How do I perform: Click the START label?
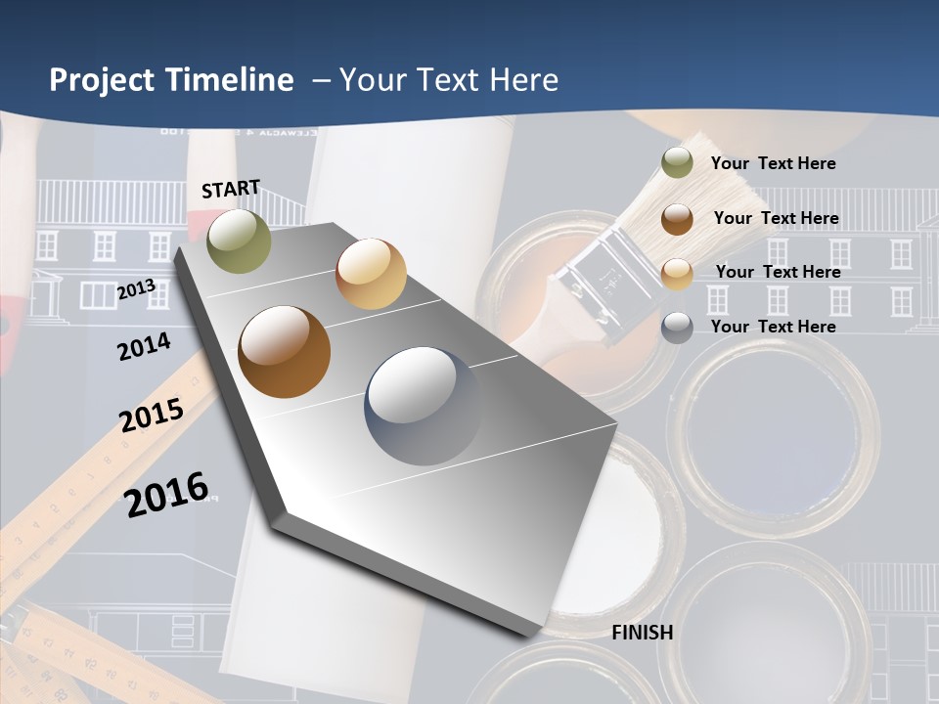(x=231, y=189)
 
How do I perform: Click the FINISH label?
(x=642, y=633)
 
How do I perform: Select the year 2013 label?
(x=136, y=289)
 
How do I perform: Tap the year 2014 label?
(x=144, y=346)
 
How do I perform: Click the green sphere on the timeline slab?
(x=239, y=241)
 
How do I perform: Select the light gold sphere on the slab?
(x=371, y=274)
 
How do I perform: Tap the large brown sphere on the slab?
(x=285, y=352)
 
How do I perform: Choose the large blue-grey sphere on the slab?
(x=423, y=406)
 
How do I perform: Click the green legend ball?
(x=677, y=163)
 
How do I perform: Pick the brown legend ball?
(x=677, y=219)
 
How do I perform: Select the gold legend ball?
(x=677, y=274)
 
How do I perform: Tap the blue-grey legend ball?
(x=677, y=328)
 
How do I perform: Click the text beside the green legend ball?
(x=773, y=163)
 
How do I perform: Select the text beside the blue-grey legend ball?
(x=773, y=327)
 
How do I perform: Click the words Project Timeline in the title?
(x=171, y=80)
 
